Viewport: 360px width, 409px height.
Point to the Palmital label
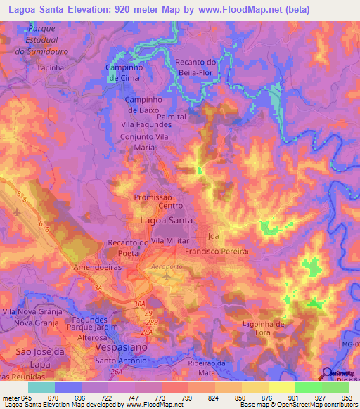(x=171, y=117)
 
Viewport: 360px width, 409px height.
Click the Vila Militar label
(x=169, y=241)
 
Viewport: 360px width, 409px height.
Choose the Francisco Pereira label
(x=217, y=251)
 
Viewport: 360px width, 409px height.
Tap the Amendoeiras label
(x=98, y=268)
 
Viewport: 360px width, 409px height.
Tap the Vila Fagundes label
(x=152, y=124)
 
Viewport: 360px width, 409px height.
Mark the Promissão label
(x=153, y=198)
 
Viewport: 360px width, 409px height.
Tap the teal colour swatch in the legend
(x=41, y=387)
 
